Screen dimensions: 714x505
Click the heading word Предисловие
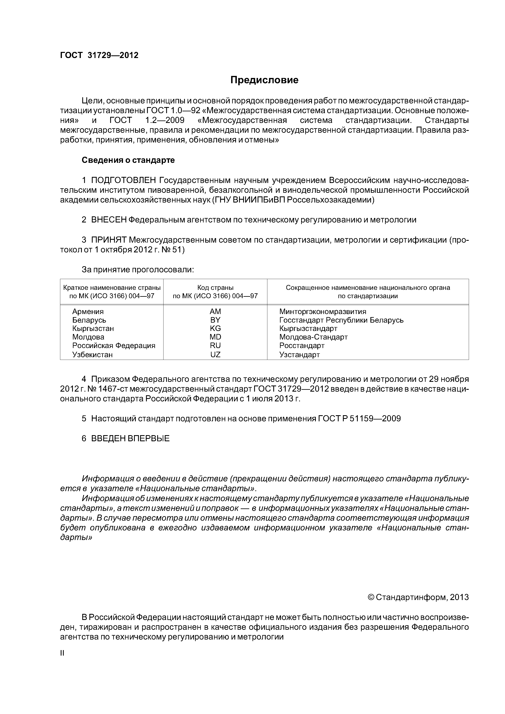(x=264, y=80)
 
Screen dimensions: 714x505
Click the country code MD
(x=215, y=337)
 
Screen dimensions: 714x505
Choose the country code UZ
(x=215, y=355)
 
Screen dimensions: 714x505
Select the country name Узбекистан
(x=92, y=355)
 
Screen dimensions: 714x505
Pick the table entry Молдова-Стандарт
(x=313, y=337)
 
